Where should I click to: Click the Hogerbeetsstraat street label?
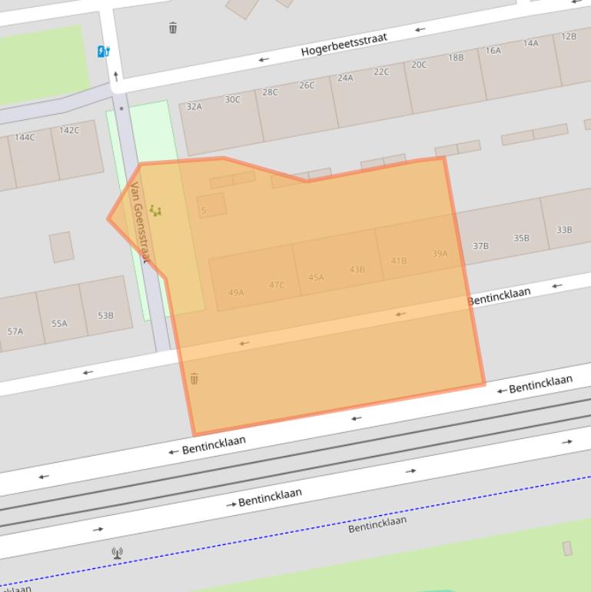click(344, 45)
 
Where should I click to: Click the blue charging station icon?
click(104, 52)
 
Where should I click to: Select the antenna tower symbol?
click(117, 552)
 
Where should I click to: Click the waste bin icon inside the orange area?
click(194, 378)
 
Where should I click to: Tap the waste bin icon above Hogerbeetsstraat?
click(173, 28)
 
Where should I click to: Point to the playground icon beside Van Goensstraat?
click(155, 211)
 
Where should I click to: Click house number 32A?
click(194, 107)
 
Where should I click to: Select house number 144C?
click(25, 138)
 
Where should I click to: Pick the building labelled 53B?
click(105, 315)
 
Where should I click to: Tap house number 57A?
click(15, 331)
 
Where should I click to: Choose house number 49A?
click(236, 292)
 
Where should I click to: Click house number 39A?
click(440, 253)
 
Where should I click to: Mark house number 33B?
click(564, 230)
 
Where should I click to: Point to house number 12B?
click(569, 36)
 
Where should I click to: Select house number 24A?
click(345, 78)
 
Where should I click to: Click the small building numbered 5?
click(204, 210)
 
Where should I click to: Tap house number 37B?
click(480, 246)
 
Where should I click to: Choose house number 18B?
click(456, 58)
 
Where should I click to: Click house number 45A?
click(316, 277)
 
